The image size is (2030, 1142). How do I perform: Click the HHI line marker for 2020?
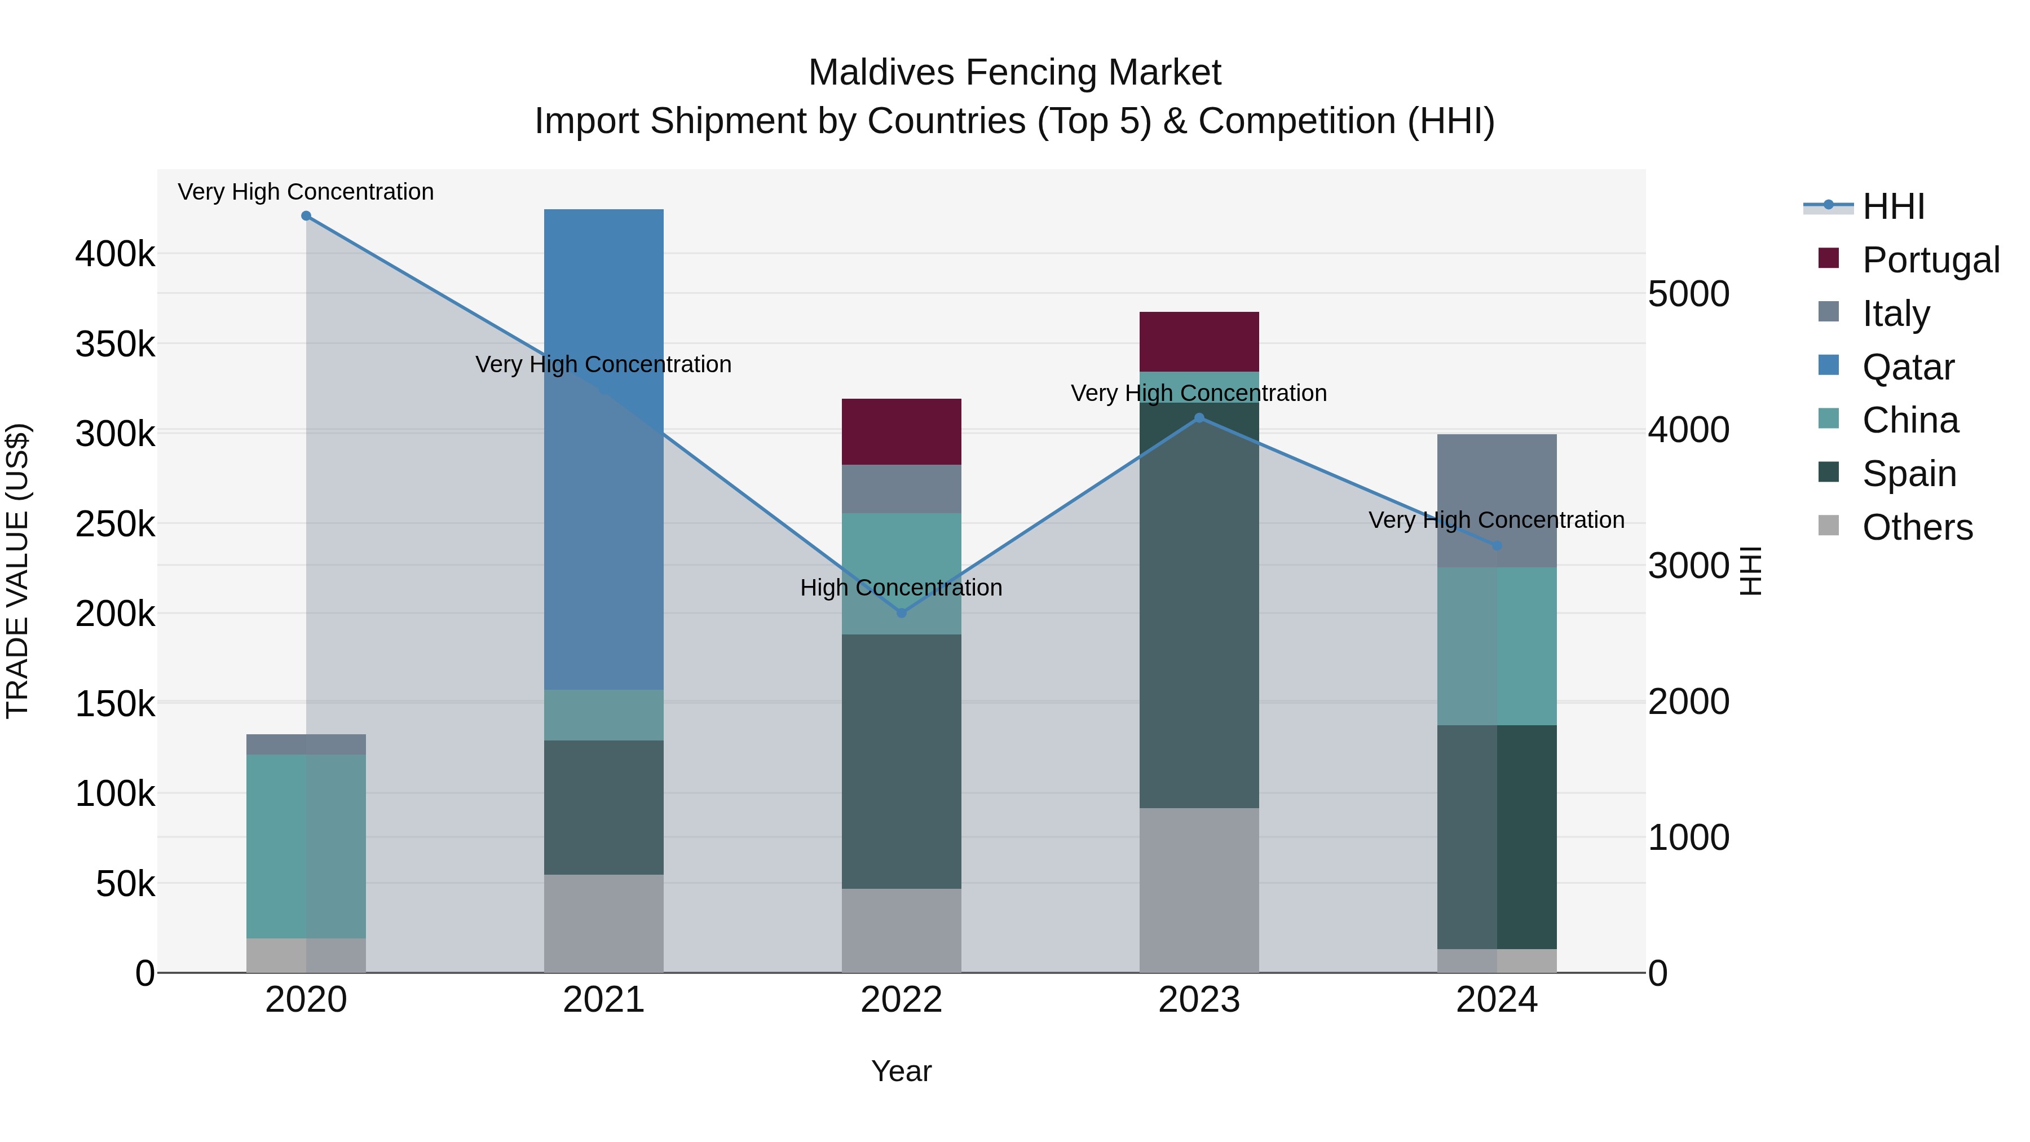pos(307,216)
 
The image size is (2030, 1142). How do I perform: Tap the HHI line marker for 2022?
pos(902,613)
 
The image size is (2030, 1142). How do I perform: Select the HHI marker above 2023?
pos(1199,418)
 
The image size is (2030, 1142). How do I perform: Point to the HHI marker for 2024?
pos(1497,545)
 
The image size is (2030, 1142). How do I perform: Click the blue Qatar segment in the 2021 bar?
pos(603,449)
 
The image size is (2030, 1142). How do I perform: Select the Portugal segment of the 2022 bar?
pos(902,432)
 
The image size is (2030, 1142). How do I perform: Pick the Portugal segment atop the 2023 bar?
pos(1199,341)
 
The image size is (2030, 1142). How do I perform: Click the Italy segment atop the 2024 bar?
pos(1497,500)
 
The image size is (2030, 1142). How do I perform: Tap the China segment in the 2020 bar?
pos(307,846)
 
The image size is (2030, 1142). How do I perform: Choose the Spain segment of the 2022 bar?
pos(902,761)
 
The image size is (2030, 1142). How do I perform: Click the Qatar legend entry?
pos(1908,367)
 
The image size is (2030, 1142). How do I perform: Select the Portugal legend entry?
pos(1930,260)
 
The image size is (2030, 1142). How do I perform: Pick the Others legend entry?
pos(1917,527)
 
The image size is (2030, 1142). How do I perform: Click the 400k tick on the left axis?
pos(115,254)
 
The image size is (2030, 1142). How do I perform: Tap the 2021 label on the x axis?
pos(603,1000)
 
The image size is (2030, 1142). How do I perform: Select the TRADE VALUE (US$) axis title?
pos(17,571)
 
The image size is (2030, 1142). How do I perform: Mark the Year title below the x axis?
pos(902,1071)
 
